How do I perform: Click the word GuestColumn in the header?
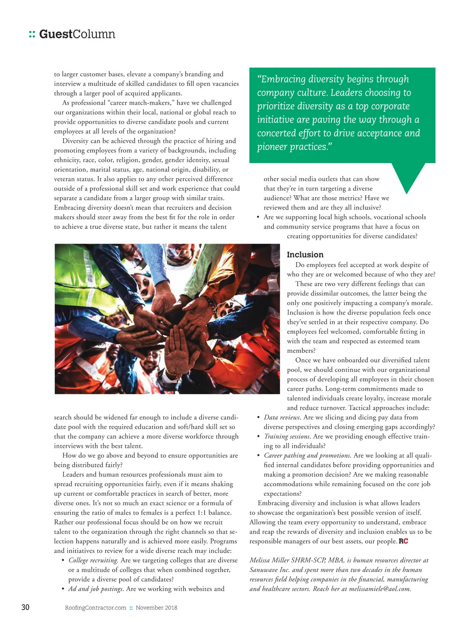point(77,34)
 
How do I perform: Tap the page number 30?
point(25,607)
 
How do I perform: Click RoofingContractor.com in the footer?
point(96,608)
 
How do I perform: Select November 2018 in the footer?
point(156,608)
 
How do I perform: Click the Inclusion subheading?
point(305,254)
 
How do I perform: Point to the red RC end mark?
point(403,541)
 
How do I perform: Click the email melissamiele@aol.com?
point(379,589)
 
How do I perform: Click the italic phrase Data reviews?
point(282,417)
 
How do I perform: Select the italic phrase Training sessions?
point(287,436)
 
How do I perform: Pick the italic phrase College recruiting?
point(93,560)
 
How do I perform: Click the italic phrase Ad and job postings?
point(96,589)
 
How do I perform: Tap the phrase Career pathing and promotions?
point(307,455)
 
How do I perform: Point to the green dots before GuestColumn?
point(32,34)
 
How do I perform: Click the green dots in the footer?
point(131,608)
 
